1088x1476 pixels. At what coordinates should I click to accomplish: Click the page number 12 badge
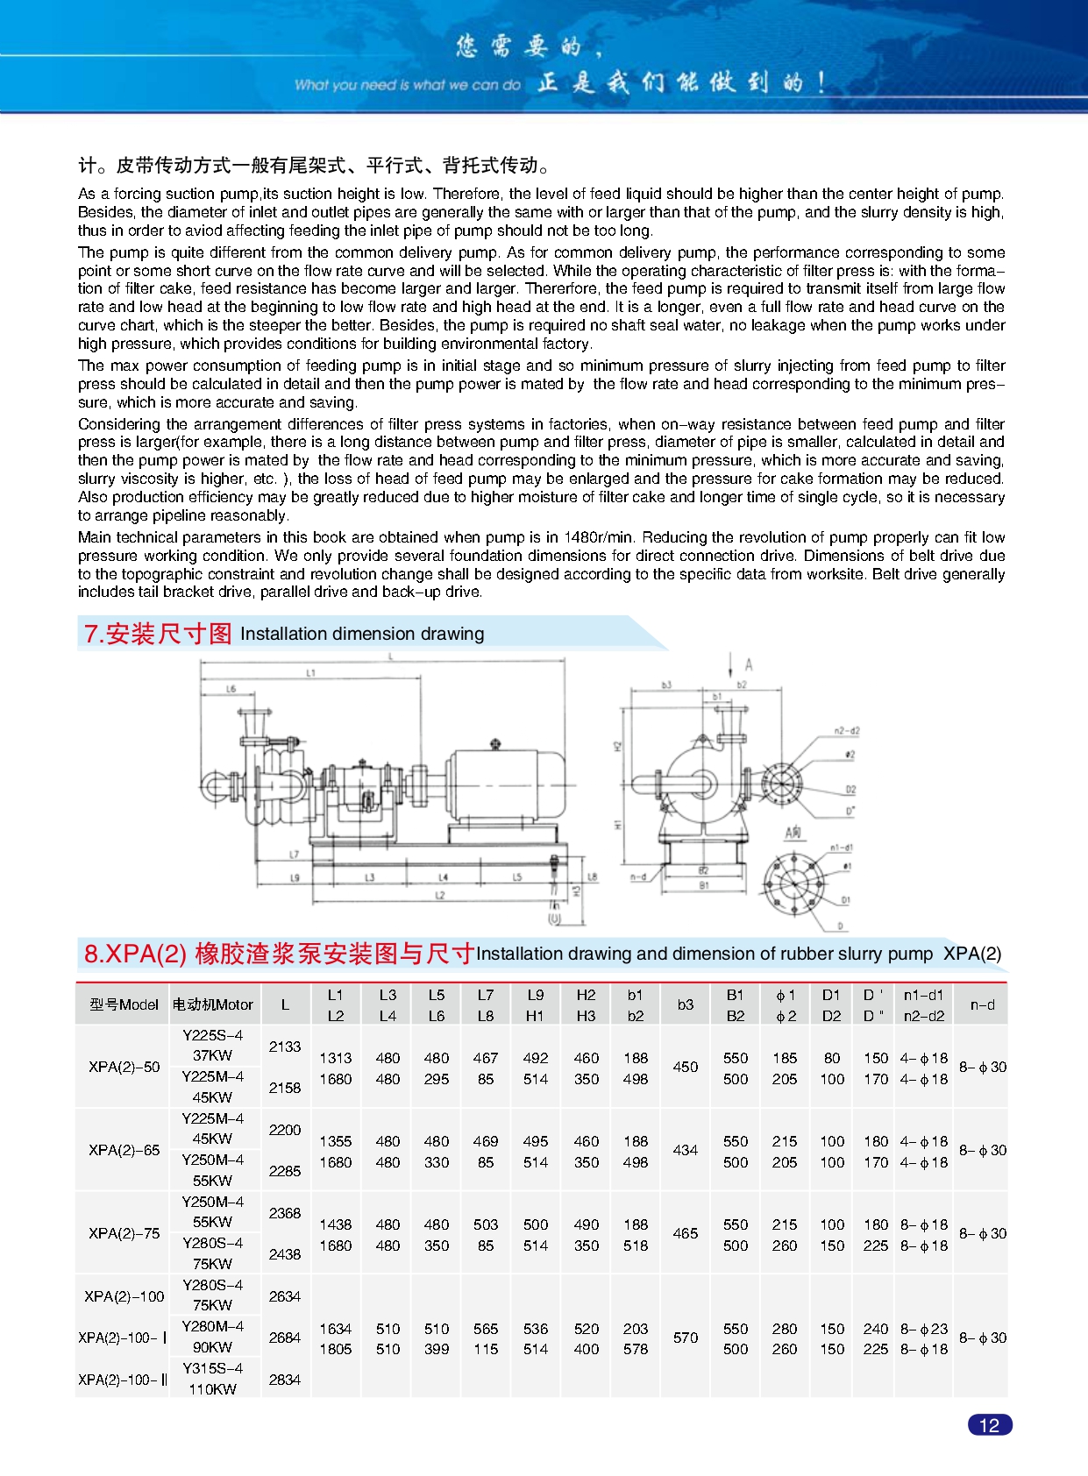989,1425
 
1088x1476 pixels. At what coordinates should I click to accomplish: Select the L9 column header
535,995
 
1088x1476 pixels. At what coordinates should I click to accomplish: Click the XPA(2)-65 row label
124,1150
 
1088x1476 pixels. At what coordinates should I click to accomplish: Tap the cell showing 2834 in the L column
284,1380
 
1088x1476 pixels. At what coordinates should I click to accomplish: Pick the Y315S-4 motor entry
212,1368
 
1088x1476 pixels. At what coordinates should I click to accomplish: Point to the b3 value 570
685,1338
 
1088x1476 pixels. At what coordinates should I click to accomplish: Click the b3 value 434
685,1150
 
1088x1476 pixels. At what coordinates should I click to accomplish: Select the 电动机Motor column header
212,1004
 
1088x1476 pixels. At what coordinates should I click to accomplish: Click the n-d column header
982,1004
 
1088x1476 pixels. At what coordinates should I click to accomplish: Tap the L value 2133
284,1047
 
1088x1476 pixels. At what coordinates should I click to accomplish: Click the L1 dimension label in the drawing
310,673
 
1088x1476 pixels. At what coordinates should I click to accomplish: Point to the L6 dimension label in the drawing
231,689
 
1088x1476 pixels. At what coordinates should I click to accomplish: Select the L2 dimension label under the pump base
440,895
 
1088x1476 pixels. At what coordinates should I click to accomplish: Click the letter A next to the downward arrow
749,665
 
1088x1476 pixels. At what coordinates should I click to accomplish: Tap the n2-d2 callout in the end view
846,730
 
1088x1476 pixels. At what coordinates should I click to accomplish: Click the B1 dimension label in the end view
703,885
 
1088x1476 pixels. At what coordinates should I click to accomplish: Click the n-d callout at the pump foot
637,876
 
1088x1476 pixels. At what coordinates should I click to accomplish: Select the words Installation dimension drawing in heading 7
361,634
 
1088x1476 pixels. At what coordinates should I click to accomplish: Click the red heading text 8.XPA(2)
135,954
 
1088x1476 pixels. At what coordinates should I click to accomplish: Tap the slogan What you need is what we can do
407,85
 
